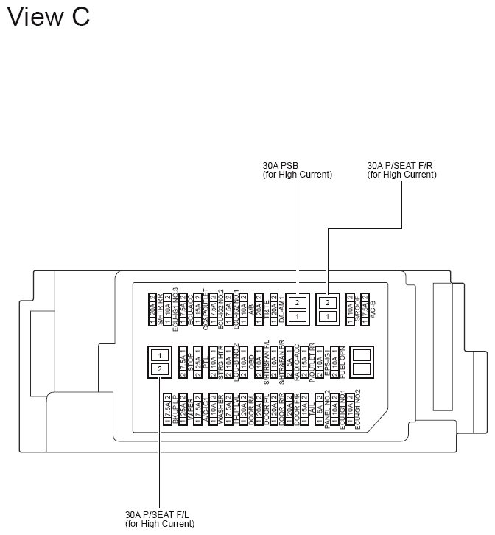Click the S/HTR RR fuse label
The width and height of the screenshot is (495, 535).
click(160, 309)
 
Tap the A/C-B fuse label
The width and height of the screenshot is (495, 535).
click(373, 309)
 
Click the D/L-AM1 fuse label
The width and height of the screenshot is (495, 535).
click(281, 309)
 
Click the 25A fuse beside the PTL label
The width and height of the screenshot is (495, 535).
click(197, 361)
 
